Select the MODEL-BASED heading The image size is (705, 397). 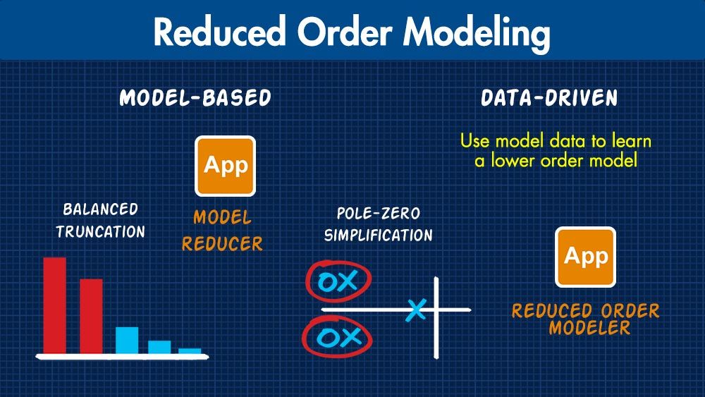[195, 98]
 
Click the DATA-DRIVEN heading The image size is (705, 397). [549, 98]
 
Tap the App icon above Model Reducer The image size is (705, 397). [226, 166]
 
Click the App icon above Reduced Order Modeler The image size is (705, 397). [586, 257]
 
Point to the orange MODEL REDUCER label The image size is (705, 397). [222, 231]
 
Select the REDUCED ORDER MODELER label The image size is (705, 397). [586, 319]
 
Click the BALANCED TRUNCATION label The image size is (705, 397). [100, 220]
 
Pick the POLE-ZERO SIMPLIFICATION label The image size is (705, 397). [379, 224]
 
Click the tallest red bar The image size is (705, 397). [54, 305]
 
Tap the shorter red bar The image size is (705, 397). [91, 316]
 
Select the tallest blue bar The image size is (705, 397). [127, 339]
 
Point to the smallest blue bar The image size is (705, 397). [190, 350]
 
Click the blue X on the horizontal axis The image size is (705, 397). [417, 310]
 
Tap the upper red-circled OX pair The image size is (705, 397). [337, 282]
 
